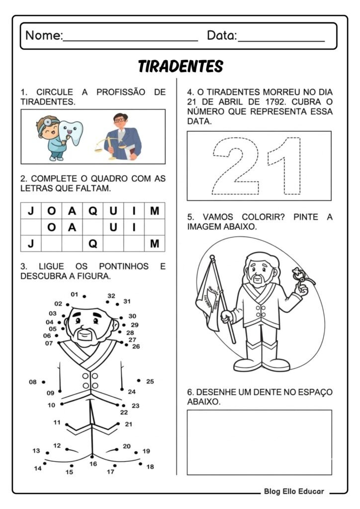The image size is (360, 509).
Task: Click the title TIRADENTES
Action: tap(180, 66)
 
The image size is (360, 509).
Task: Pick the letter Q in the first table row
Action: tap(92, 211)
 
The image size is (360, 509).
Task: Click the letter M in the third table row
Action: tap(155, 243)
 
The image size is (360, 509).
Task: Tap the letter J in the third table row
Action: tap(31, 243)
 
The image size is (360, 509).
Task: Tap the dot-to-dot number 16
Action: tap(93, 464)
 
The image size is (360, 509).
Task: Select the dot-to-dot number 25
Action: tap(150, 382)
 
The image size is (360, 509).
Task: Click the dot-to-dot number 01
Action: tap(75, 294)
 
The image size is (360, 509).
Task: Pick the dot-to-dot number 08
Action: tap(33, 382)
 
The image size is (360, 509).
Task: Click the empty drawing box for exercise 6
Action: tap(259, 442)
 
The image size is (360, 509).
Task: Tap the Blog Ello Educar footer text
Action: tap(294, 492)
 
